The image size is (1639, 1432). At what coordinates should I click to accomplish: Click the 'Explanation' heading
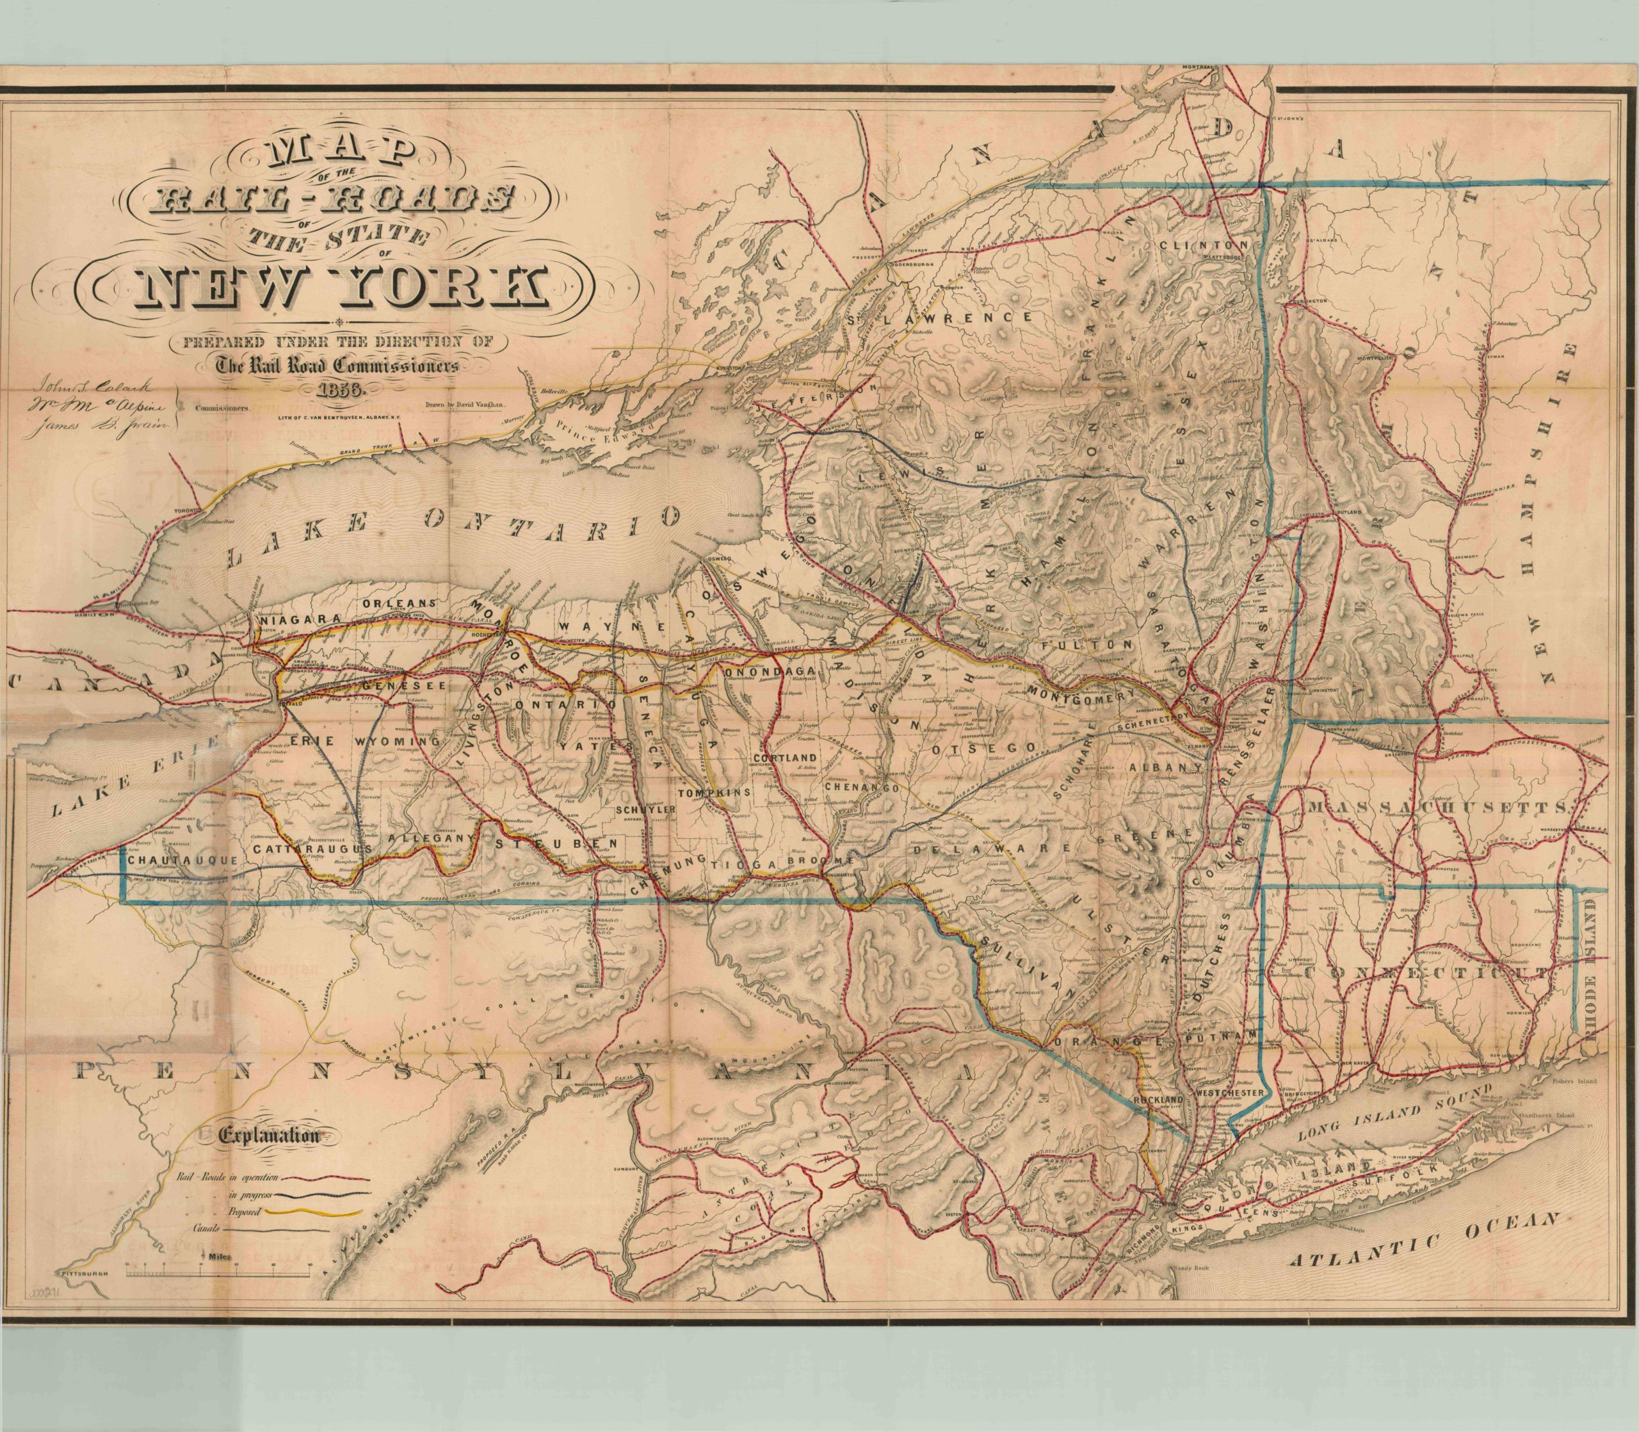(268, 1135)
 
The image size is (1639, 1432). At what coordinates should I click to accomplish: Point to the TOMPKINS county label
(714, 792)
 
